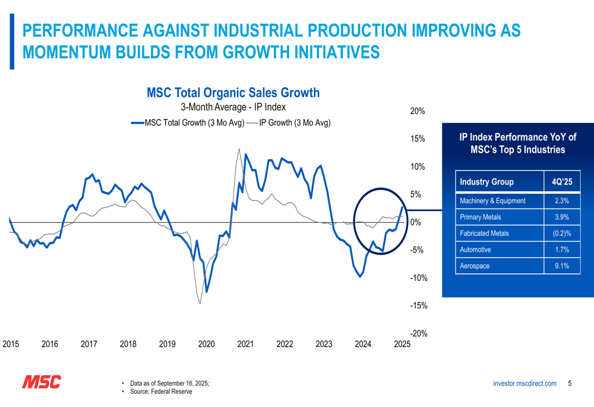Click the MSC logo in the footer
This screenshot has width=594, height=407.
click(x=41, y=382)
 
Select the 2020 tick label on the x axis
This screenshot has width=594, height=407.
click(x=207, y=344)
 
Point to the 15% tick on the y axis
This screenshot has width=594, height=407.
click(x=418, y=139)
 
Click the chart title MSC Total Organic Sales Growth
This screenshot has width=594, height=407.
click(x=233, y=93)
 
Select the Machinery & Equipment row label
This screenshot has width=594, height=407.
click(x=492, y=201)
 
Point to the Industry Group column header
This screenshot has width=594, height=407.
click(x=487, y=182)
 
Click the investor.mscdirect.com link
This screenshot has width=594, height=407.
click(x=525, y=384)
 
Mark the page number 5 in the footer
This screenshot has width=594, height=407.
click(x=570, y=384)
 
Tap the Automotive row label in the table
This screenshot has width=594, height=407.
click(x=476, y=250)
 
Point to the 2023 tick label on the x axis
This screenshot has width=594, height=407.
click(x=324, y=344)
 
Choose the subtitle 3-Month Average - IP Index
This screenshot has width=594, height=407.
click(x=233, y=108)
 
